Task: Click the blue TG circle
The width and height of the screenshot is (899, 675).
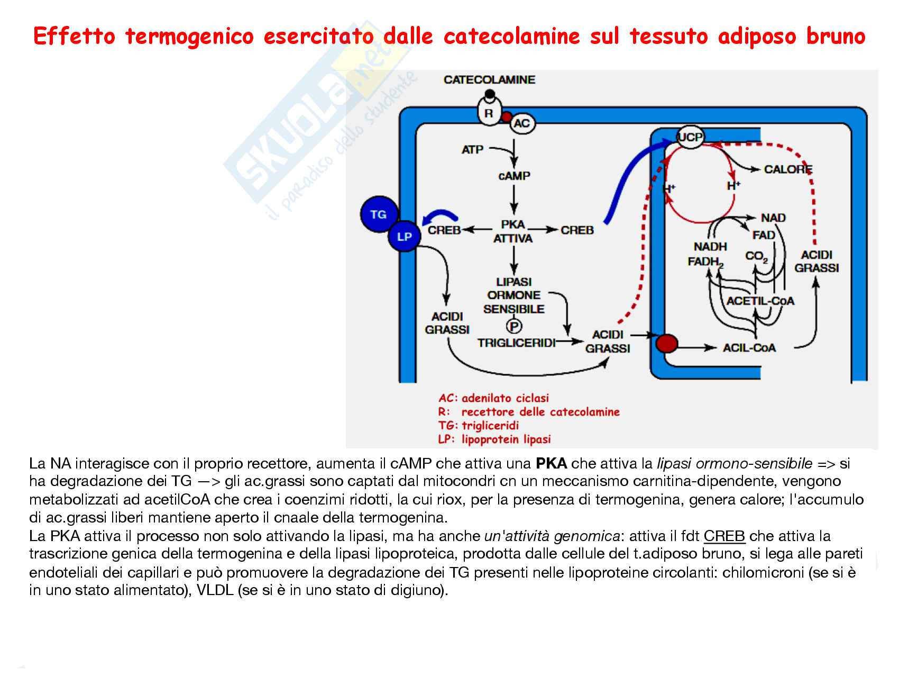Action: coord(378,214)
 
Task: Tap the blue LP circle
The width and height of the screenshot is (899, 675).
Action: coord(404,236)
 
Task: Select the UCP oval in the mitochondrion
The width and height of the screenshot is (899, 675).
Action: coord(691,137)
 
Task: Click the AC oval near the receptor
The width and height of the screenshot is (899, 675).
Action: coord(521,124)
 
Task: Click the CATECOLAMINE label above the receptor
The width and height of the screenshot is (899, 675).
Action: coord(489,80)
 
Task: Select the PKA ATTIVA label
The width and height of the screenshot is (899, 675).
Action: coord(513,231)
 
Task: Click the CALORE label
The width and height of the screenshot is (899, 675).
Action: coord(788,169)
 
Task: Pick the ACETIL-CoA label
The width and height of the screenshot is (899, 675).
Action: coord(760,301)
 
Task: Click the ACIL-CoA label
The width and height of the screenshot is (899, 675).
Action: coord(749,347)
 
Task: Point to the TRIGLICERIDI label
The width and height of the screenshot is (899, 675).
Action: coord(516,343)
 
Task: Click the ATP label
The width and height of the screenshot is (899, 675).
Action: coord(472,149)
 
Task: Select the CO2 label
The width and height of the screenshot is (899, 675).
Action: coord(757,256)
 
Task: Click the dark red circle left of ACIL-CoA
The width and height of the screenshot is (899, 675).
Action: coord(667,344)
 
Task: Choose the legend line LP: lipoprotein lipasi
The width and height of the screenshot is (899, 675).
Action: coord(494,439)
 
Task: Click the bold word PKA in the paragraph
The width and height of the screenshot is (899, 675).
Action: coord(551,464)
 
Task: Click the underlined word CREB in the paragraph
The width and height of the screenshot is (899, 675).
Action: coord(724,536)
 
